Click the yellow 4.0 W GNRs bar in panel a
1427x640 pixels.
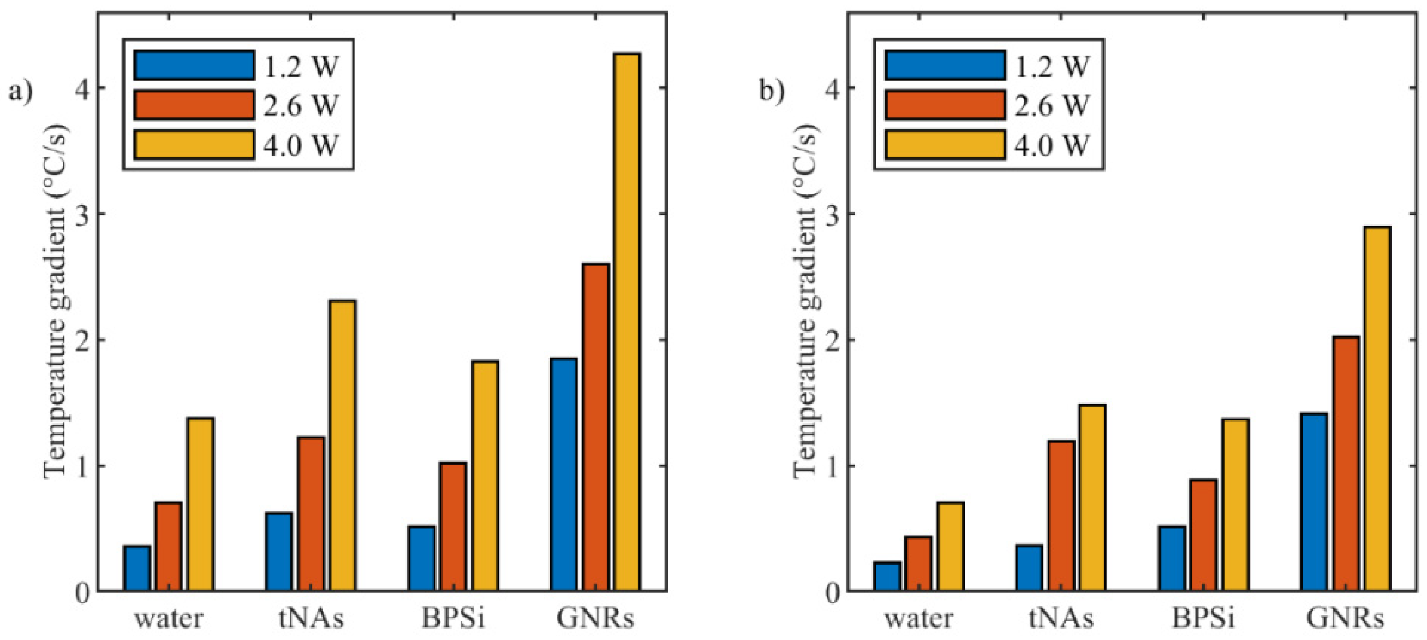point(627,322)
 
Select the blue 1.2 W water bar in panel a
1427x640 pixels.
point(137,567)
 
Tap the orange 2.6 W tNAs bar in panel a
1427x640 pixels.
point(311,513)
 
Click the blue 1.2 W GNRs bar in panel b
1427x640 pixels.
point(1314,501)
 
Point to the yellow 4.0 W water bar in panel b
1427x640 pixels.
point(951,546)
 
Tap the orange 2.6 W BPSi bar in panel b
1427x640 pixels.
point(1203,534)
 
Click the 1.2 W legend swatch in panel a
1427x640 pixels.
point(194,66)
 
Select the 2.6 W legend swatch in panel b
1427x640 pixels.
point(945,105)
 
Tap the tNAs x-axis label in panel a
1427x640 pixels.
point(311,618)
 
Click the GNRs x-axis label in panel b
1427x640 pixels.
point(1345,618)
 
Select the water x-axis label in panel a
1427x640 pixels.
point(169,618)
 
